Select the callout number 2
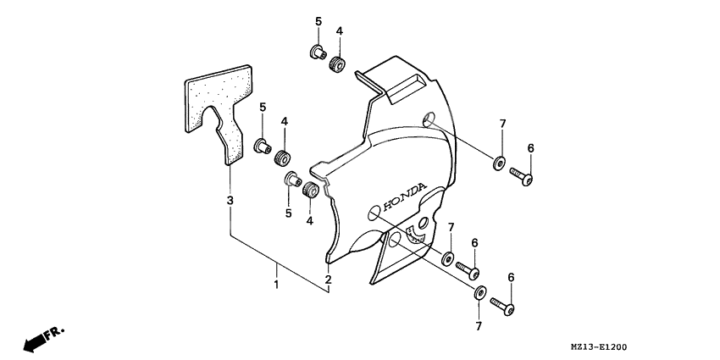click(x=327, y=280)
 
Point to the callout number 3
click(x=230, y=200)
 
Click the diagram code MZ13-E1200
click(x=660, y=347)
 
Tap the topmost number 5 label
click(x=318, y=20)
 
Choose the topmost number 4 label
click(x=339, y=31)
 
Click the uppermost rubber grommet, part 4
click(x=338, y=63)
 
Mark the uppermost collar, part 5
click(x=317, y=53)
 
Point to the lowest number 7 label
click(x=478, y=324)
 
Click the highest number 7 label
click(x=501, y=124)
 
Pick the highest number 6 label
click(x=531, y=148)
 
